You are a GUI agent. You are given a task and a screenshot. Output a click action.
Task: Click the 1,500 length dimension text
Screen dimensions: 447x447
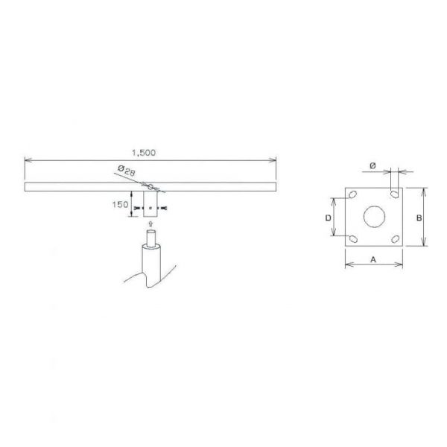(x=144, y=153)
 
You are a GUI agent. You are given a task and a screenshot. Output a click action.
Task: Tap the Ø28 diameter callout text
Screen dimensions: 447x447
(x=127, y=171)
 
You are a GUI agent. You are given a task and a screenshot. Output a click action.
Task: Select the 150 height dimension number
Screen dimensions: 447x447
(x=120, y=205)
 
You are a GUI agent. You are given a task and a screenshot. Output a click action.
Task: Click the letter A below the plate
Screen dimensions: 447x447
(x=373, y=260)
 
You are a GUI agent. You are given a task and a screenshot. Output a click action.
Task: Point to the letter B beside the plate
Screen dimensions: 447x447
(x=419, y=218)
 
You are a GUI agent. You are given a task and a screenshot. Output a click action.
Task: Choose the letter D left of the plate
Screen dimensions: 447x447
(x=329, y=218)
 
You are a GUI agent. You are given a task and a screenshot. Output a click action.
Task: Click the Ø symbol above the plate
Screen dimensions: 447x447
(x=372, y=165)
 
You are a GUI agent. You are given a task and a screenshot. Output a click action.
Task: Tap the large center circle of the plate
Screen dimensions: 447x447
(x=374, y=217)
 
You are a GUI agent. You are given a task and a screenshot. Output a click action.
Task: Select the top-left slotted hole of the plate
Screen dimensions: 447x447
(x=352, y=194)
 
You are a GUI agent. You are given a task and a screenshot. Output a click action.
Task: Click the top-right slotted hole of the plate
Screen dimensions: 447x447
(x=395, y=194)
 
